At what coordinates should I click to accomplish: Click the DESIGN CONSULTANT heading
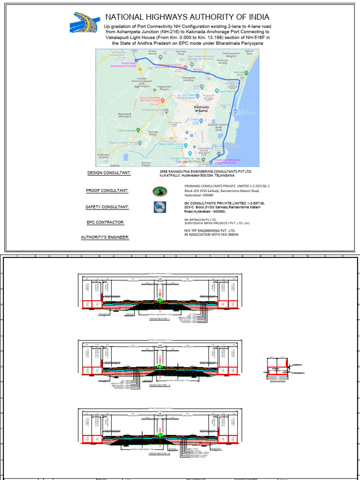tap(109, 173)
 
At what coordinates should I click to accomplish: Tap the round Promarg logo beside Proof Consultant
tap(159, 191)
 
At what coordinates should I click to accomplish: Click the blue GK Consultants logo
tap(159, 207)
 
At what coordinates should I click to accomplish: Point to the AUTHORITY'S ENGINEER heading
tap(105, 237)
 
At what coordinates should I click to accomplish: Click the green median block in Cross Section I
tap(160, 300)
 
